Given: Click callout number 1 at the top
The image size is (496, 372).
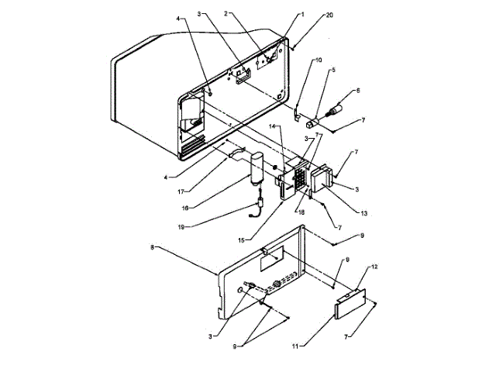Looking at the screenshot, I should [304, 14].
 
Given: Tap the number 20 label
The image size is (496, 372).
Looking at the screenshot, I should [330, 15].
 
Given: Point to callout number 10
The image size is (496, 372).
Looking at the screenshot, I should [319, 60].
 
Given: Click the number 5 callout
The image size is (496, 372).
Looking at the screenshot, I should [333, 71].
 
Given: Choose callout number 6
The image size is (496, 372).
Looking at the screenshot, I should [358, 91].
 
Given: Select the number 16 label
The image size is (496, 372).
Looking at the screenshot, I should [184, 208].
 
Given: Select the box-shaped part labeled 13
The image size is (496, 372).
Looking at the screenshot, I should [320, 178].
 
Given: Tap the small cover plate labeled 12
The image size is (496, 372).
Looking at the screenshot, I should [350, 303].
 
